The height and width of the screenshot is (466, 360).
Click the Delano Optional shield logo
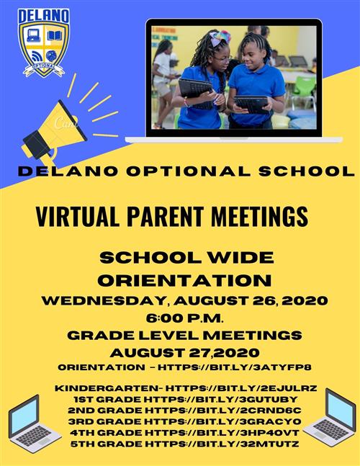pos(44,42)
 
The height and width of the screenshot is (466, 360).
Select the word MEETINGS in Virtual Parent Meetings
pos(259,216)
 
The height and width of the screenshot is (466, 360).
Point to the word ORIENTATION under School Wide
pos(184,280)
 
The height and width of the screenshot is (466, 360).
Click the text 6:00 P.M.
pos(184,318)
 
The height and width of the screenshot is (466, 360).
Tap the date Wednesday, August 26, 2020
pos(184,300)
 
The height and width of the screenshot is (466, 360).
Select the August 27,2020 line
pos(184,353)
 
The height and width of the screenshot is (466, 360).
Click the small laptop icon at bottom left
pos(31,424)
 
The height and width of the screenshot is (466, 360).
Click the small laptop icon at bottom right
pos(330,417)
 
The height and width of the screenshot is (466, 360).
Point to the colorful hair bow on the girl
pos(220,38)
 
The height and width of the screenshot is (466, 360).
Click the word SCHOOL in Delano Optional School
pos(307,171)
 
